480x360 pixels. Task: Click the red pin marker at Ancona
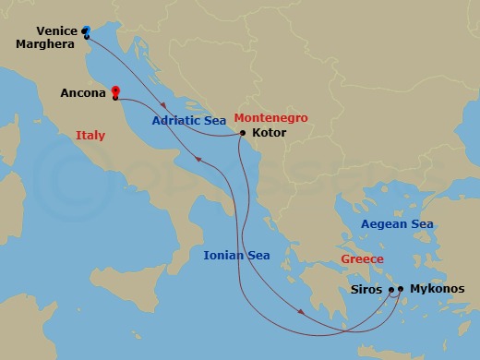tap(115, 91)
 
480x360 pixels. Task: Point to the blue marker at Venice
tap(86, 30)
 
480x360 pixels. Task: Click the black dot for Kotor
tap(242, 134)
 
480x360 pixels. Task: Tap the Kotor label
tap(268, 134)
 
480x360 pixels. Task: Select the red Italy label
tap(90, 136)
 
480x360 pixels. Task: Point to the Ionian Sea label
tap(236, 254)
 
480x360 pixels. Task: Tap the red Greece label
tap(363, 259)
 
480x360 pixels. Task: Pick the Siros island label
tap(370, 289)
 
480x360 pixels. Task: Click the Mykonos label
tap(438, 289)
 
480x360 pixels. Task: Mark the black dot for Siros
tap(391, 290)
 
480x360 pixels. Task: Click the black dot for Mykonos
tap(402, 290)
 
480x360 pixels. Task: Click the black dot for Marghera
tap(86, 37)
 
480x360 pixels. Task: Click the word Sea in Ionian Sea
tap(258, 254)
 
